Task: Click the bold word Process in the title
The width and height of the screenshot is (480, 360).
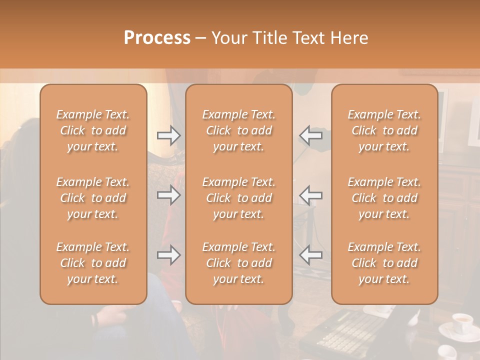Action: pos(157,38)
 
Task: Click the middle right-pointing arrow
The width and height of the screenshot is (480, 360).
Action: pos(168,195)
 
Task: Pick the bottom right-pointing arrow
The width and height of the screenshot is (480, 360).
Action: pos(168,255)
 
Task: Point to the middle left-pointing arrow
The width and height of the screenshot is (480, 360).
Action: pos(310,195)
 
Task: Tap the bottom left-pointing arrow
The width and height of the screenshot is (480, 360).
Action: pos(310,255)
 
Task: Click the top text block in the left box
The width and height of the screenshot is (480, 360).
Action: pos(93,130)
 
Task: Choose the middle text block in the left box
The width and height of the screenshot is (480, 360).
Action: pos(93,198)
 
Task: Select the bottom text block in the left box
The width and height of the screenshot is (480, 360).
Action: pos(93,263)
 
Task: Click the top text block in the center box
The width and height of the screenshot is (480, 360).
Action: pos(239,130)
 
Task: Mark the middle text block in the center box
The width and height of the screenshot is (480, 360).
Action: pos(239,198)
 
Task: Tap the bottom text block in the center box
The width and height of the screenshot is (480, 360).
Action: pos(239,263)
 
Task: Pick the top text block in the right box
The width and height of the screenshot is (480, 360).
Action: pos(384,130)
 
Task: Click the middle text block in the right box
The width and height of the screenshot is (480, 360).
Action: pos(384,198)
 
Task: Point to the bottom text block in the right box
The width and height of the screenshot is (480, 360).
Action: pos(384,263)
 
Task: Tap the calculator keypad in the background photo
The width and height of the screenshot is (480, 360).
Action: pos(350,330)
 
